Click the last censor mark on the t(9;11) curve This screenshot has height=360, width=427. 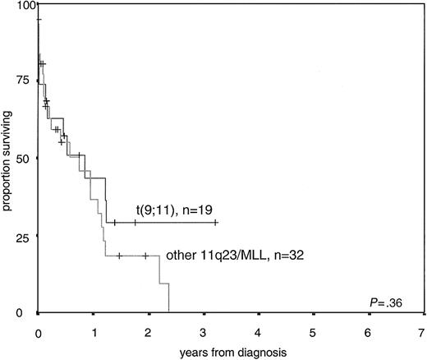215,222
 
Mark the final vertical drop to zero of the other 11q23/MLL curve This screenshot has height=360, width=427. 168,298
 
